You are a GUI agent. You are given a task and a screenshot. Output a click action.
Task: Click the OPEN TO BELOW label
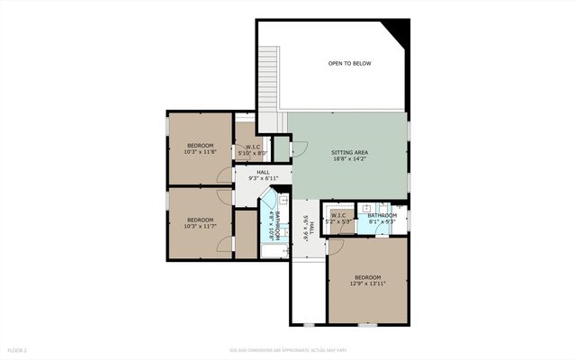pyautogui.click(x=349, y=63)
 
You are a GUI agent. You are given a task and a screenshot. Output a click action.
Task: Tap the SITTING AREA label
pyautogui.click(x=349, y=153)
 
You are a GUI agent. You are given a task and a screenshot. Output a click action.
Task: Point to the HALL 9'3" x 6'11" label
pyautogui.click(x=263, y=175)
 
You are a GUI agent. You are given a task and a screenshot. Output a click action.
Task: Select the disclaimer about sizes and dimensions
pyautogui.click(x=288, y=349)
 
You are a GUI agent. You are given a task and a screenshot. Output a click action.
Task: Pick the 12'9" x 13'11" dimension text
pyautogui.click(x=367, y=283)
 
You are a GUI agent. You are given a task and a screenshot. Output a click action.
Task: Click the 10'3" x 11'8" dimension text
pyautogui.click(x=200, y=151)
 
